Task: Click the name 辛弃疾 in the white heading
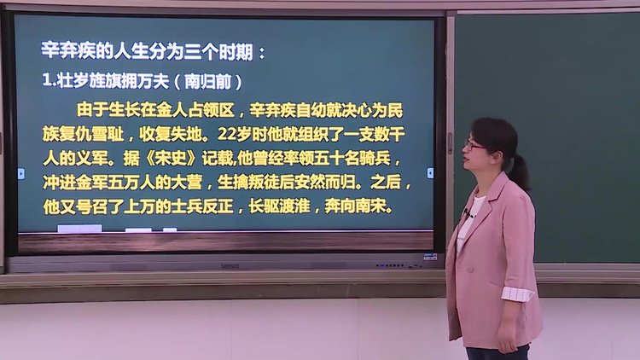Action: click(68, 51)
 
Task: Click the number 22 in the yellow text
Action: click(226, 133)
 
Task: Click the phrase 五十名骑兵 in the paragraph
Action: click(352, 158)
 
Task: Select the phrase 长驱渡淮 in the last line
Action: click(280, 206)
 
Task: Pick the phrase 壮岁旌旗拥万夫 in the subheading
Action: click(113, 81)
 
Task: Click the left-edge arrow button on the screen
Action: click(21, 173)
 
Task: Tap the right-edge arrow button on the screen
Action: click(430, 173)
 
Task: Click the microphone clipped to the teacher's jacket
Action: click(466, 212)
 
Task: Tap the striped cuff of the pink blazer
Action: click(518, 293)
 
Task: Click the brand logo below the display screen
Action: click(230, 266)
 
